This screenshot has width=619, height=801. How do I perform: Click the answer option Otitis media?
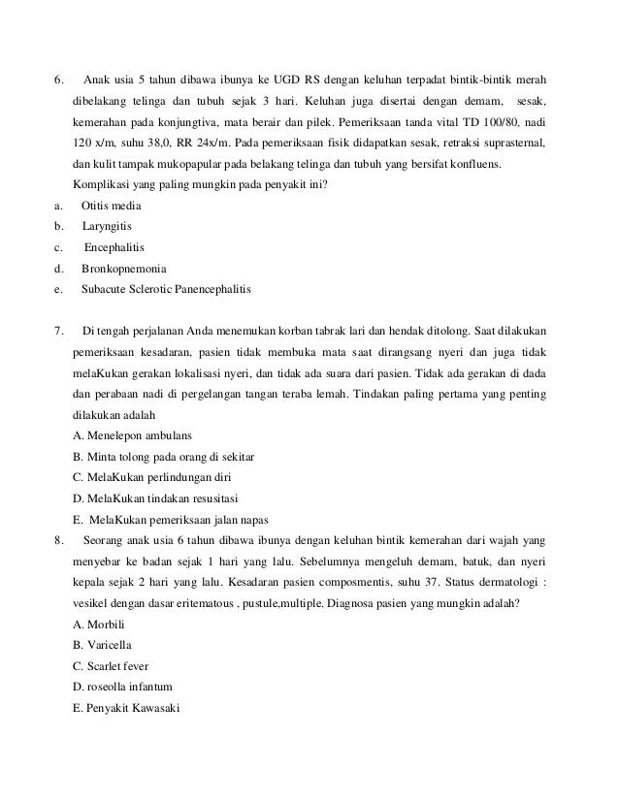point(112,206)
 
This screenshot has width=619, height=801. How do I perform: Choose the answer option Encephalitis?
point(116,246)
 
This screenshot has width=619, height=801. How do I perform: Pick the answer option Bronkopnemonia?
point(124,267)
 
